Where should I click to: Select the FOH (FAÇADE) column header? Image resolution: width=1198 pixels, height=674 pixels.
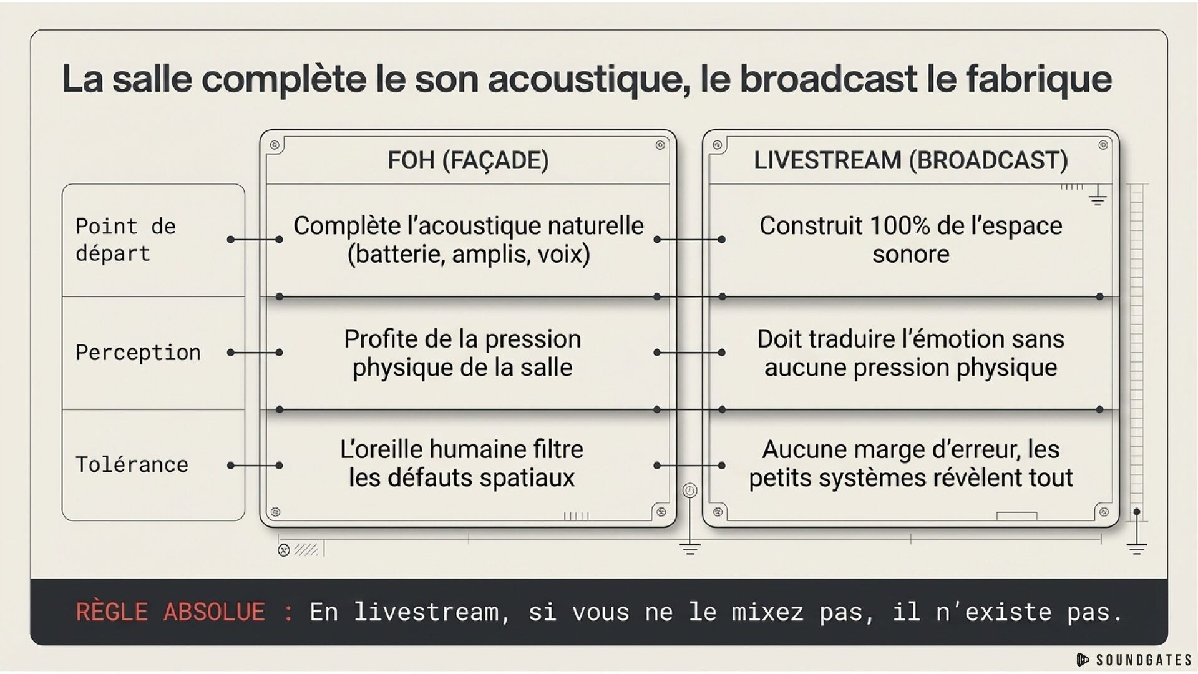[468, 160]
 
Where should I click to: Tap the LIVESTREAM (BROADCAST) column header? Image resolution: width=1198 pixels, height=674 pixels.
[910, 160]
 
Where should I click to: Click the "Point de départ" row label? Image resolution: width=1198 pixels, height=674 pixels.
[125, 240]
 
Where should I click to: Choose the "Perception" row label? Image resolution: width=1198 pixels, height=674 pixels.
[138, 353]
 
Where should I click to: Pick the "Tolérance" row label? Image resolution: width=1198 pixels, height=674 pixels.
[132, 465]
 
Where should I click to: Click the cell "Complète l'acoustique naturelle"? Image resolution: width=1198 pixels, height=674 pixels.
[468, 240]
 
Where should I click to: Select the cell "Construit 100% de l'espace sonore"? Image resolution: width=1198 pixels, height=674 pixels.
[910, 240]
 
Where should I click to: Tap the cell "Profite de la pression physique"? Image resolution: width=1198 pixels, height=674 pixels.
[462, 353]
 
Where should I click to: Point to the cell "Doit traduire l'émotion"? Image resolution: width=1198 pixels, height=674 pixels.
[910, 353]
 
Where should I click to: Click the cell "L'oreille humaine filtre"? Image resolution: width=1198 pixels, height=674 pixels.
[462, 464]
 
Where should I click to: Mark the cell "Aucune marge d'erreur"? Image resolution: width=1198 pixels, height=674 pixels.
[910, 464]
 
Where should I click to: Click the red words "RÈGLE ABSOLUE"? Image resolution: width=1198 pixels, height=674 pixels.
[170, 612]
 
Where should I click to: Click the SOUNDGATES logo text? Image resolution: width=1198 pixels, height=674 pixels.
[1143, 660]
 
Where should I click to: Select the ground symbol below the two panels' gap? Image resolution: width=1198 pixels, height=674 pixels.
[689, 549]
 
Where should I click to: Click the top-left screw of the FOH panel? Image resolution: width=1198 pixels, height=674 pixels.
[275, 145]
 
